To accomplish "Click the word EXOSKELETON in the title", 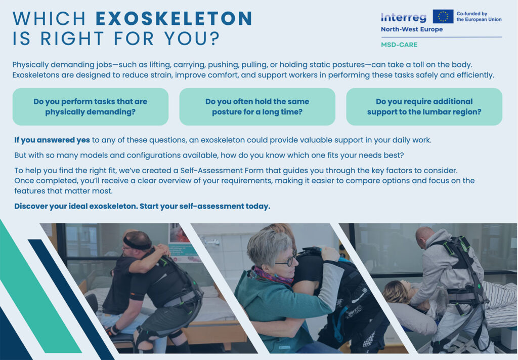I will coord(174,18).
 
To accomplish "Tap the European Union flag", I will coord(443,16).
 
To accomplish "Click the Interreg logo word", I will coord(403,17).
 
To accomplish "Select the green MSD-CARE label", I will coord(399,45).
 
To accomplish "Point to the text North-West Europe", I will coord(411,29).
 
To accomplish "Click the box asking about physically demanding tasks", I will coord(90,107).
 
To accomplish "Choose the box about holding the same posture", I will coord(257,107).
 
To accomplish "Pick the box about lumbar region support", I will coord(424,107).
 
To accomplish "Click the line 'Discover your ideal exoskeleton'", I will coord(142,206).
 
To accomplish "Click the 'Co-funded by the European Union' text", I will coord(479,16).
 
